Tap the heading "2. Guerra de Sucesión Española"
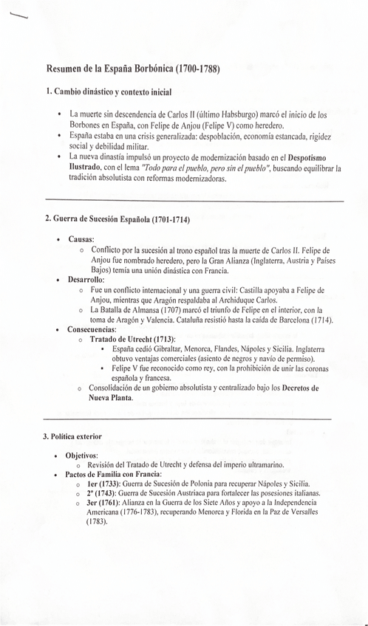tap(117, 219)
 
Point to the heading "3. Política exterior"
tap(72, 436)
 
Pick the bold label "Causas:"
tap(81, 240)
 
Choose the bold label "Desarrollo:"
tap(86, 280)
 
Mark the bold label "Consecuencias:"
tap(92, 329)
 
